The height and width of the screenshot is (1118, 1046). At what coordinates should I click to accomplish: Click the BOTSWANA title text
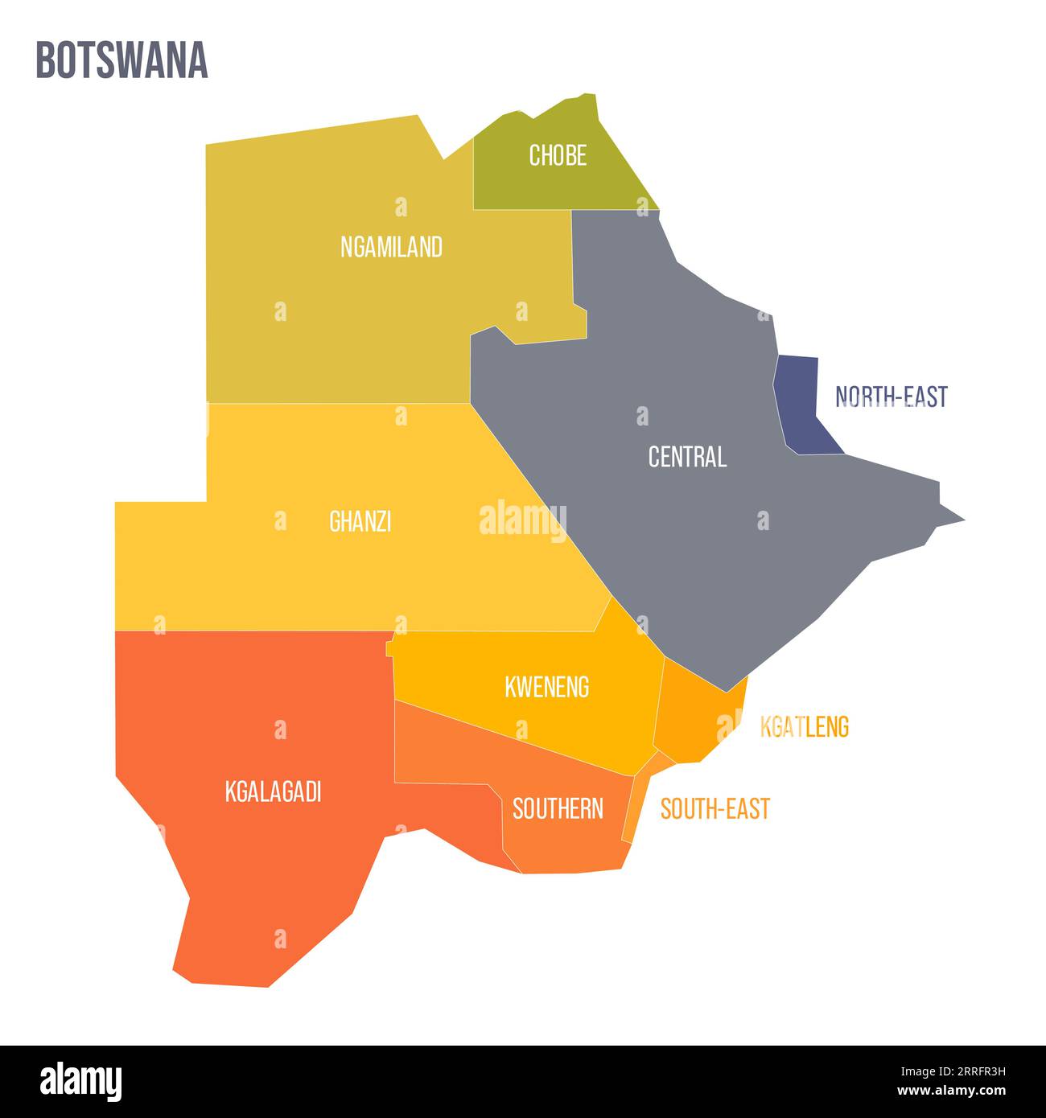pyautogui.click(x=121, y=60)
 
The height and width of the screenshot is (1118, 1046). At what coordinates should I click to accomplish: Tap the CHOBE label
pyautogui.click(x=557, y=155)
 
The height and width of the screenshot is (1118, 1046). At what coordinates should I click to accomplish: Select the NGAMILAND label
pyautogui.click(x=391, y=247)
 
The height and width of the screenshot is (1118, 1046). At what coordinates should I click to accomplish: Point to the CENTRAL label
pyautogui.click(x=687, y=457)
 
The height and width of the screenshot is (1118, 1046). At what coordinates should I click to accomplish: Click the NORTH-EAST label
pyautogui.click(x=891, y=397)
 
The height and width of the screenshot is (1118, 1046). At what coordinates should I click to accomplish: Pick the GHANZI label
pyautogui.click(x=360, y=522)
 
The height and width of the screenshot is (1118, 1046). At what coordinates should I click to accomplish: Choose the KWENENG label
pyautogui.click(x=546, y=687)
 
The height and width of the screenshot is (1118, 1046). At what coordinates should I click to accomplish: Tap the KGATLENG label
pyautogui.click(x=804, y=727)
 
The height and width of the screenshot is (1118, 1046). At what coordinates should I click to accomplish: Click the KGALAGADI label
pyautogui.click(x=273, y=792)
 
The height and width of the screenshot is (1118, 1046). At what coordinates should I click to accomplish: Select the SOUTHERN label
pyautogui.click(x=558, y=808)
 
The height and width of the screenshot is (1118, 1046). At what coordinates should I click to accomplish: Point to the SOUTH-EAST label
pyautogui.click(x=714, y=808)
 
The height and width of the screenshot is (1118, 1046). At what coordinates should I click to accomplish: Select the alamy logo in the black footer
pyautogui.click(x=80, y=1082)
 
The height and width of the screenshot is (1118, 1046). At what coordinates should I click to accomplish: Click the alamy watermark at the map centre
pyautogui.click(x=523, y=519)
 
